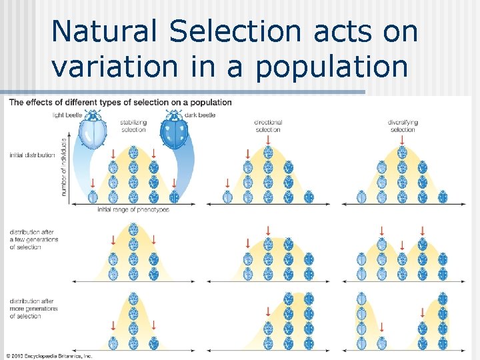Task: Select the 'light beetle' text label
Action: pos(69,115)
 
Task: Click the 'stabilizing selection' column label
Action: pos(133,125)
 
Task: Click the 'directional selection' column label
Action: pos(268,125)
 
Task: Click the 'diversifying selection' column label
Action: pos(402,125)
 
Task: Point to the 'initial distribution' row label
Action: pos(32,155)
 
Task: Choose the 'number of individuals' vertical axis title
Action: pos(65,167)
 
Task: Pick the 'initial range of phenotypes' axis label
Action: pos(133,209)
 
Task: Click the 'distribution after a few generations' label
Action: pos(33,239)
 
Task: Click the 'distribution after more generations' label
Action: pos(33,309)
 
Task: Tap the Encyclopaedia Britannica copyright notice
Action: pos(49,355)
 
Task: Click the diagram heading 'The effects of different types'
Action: pos(120,102)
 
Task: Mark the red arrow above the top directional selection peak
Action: pos(268,139)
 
